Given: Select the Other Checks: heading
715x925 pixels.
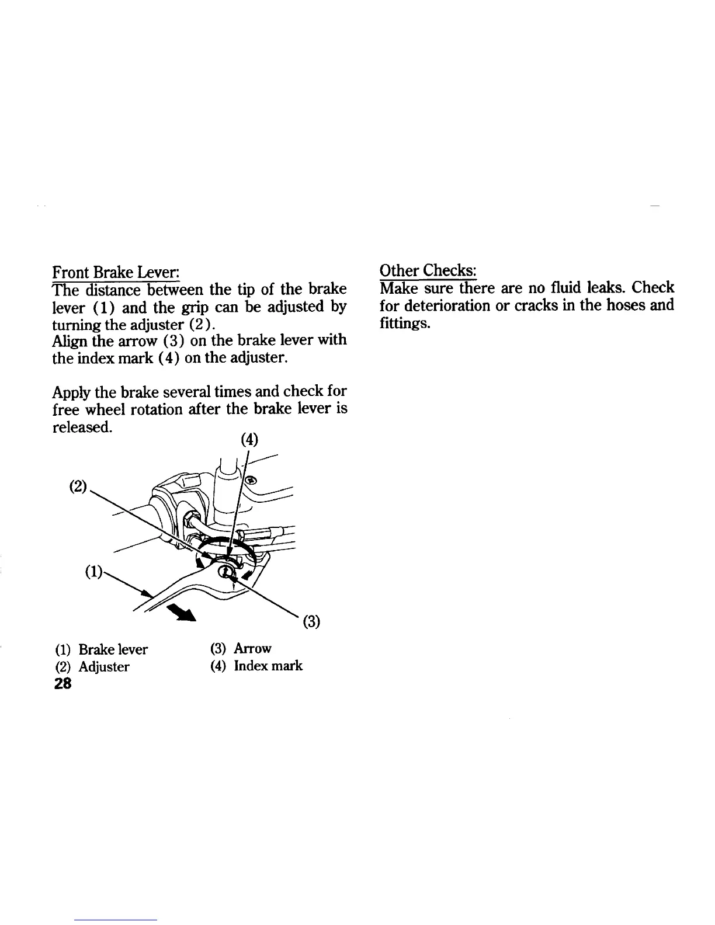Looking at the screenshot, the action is [428, 271].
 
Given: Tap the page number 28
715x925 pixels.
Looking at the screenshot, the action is [61, 684].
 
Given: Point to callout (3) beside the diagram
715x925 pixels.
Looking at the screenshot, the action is [311, 622].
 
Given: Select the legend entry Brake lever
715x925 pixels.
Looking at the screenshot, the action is [113, 649].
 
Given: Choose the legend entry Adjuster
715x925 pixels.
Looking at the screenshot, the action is [103, 667].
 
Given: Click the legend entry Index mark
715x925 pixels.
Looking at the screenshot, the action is [268, 666].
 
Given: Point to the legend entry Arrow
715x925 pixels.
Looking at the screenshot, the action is [252, 648].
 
